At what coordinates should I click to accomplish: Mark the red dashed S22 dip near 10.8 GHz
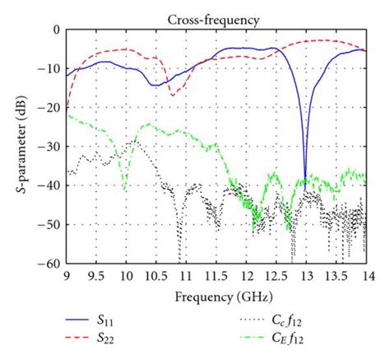click(x=173, y=96)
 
